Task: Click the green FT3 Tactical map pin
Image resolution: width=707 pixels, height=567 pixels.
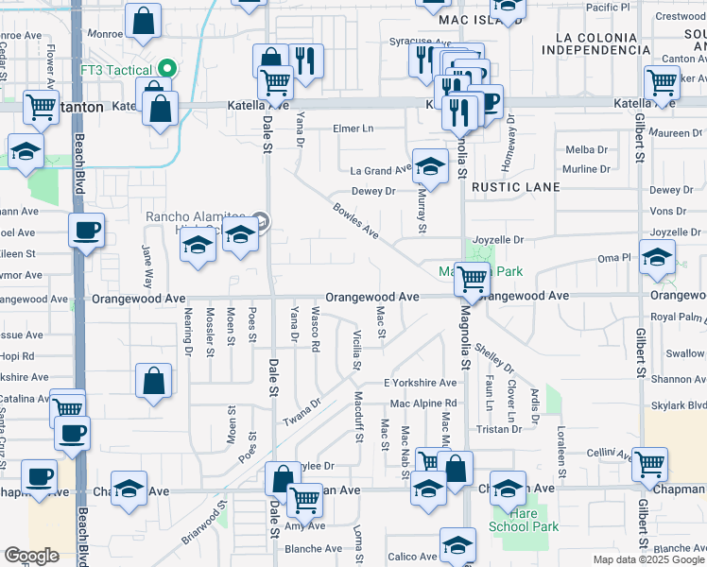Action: point(167,68)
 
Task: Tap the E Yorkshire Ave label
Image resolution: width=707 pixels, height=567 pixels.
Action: point(420,383)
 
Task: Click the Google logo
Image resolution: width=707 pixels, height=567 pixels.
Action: point(31,556)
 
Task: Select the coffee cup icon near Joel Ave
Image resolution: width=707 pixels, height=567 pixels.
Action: point(86,230)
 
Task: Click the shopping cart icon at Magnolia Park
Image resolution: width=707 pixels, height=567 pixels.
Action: point(472,278)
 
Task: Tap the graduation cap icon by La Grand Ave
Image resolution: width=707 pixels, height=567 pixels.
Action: point(430,167)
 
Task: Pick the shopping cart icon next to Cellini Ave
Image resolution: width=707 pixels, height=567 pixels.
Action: point(649,463)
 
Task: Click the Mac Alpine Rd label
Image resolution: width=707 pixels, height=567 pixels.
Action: point(422,404)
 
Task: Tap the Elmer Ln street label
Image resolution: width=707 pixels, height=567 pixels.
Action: point(353,129)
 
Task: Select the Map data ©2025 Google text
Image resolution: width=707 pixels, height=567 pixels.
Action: point(648,559)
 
